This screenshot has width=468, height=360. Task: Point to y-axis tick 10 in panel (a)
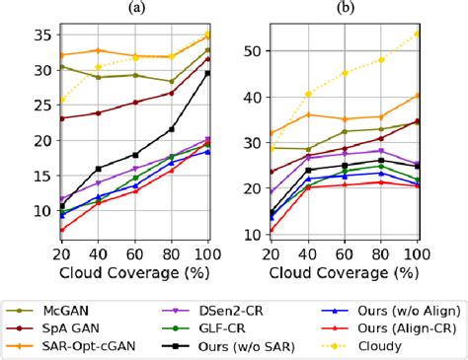click(x=12, y=210)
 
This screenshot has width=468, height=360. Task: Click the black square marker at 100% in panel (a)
click(x=206, y=73)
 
